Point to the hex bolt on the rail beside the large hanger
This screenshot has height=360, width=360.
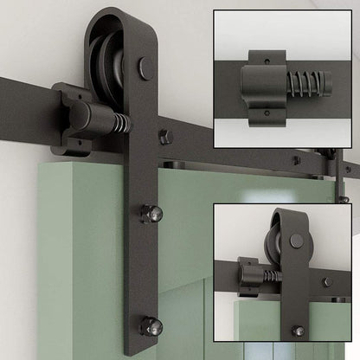164,136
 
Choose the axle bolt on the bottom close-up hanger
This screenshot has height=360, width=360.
298,241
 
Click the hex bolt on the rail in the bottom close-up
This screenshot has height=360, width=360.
325,281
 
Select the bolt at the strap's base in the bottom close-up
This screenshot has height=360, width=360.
298,330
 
